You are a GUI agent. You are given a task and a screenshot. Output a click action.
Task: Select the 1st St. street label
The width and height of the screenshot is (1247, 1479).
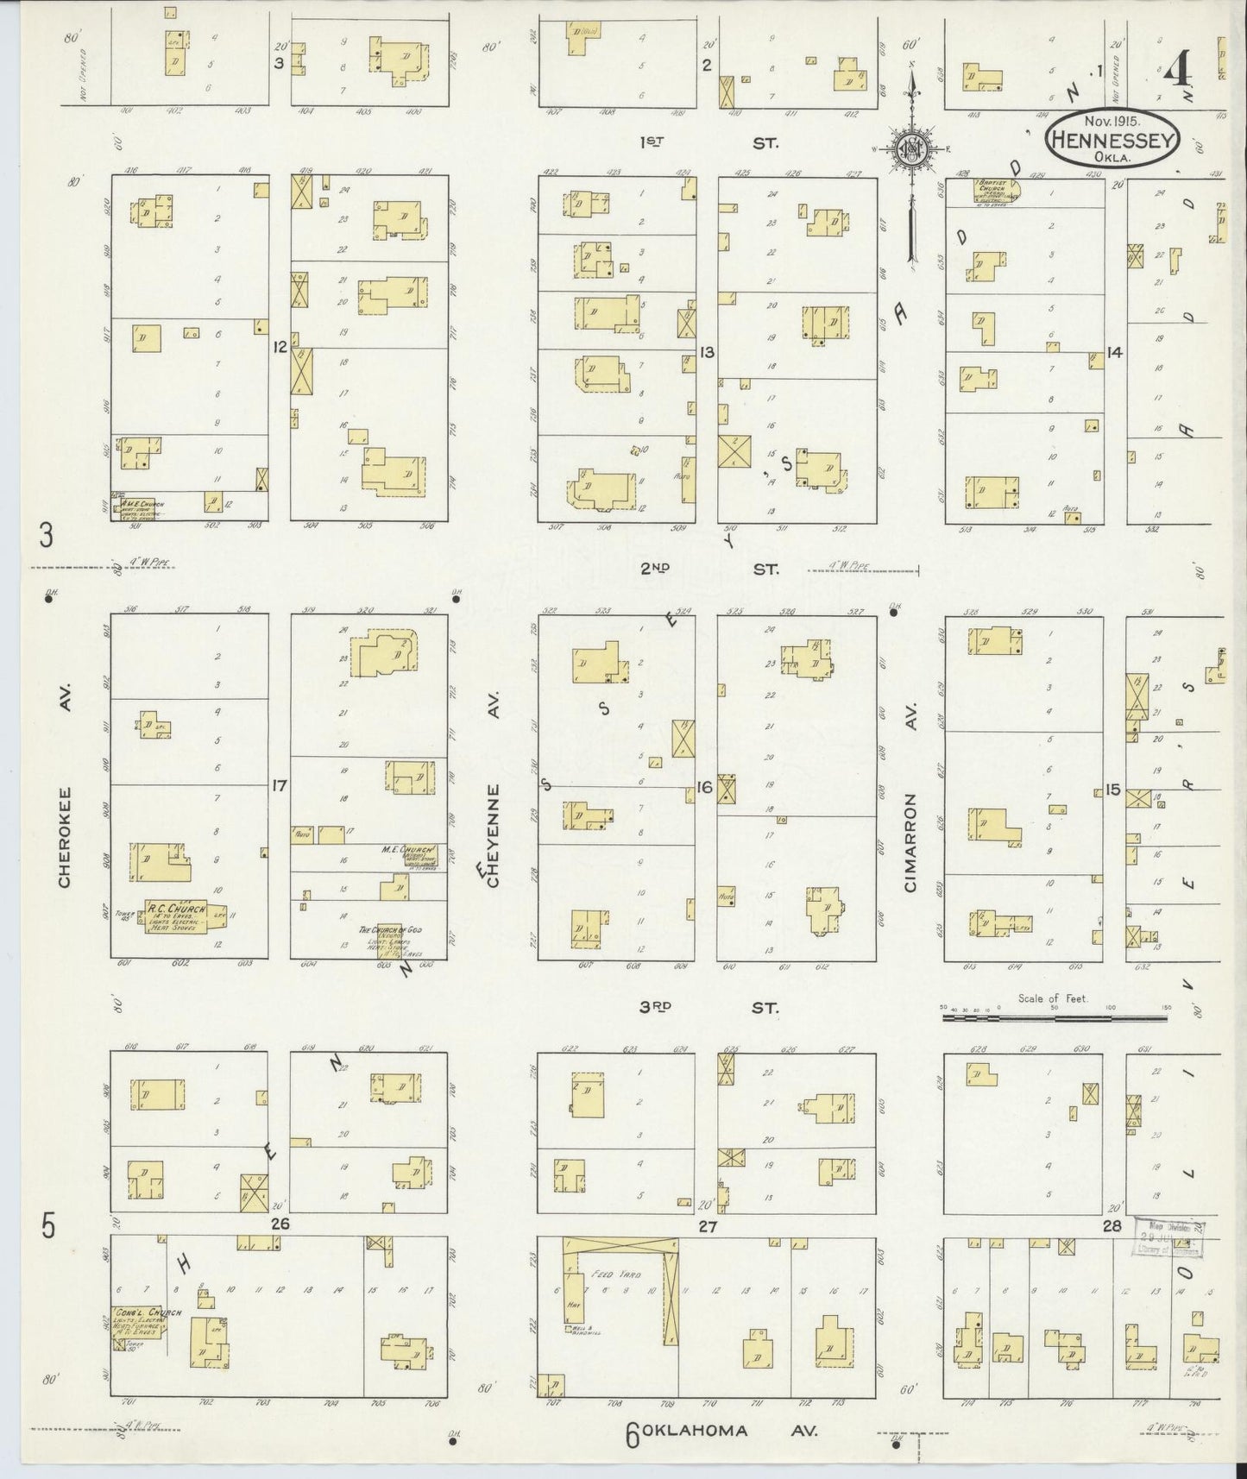click(708, 143)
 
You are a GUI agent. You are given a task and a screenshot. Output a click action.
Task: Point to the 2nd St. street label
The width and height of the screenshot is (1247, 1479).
click(708, 569)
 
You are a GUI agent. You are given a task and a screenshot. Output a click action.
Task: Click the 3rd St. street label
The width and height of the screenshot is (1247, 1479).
click(708, 1007)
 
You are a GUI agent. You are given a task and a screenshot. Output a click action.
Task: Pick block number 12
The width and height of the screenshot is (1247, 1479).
click(279, 348)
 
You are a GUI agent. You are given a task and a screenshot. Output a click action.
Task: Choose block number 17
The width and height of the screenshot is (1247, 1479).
click(279, 786)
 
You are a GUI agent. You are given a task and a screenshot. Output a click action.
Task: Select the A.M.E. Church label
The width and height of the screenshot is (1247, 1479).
click(141, 505)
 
